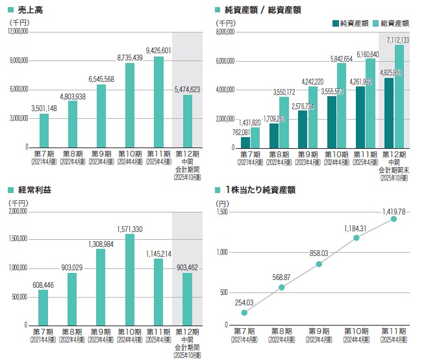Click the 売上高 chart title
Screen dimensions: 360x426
tap(31, 10)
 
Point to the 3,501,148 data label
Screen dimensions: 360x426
tap(44, 108)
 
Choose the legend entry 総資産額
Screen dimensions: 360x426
tap(394, 23)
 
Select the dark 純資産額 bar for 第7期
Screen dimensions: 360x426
tap(245, 142)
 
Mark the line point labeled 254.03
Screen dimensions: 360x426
tap(244, 313)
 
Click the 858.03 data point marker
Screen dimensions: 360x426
tap(319, 264)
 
